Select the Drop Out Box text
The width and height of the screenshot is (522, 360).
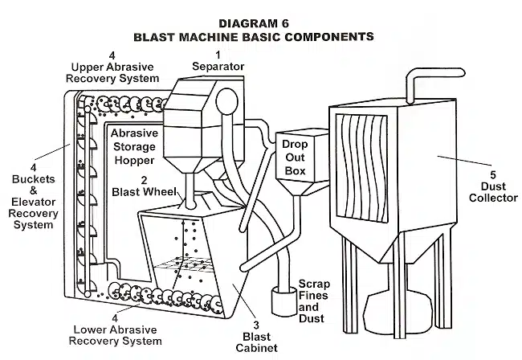tap(294, 157)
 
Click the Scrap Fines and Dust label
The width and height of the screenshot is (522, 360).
tap(314, 301)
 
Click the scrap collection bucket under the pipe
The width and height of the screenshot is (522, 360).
tap(283, 302)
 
